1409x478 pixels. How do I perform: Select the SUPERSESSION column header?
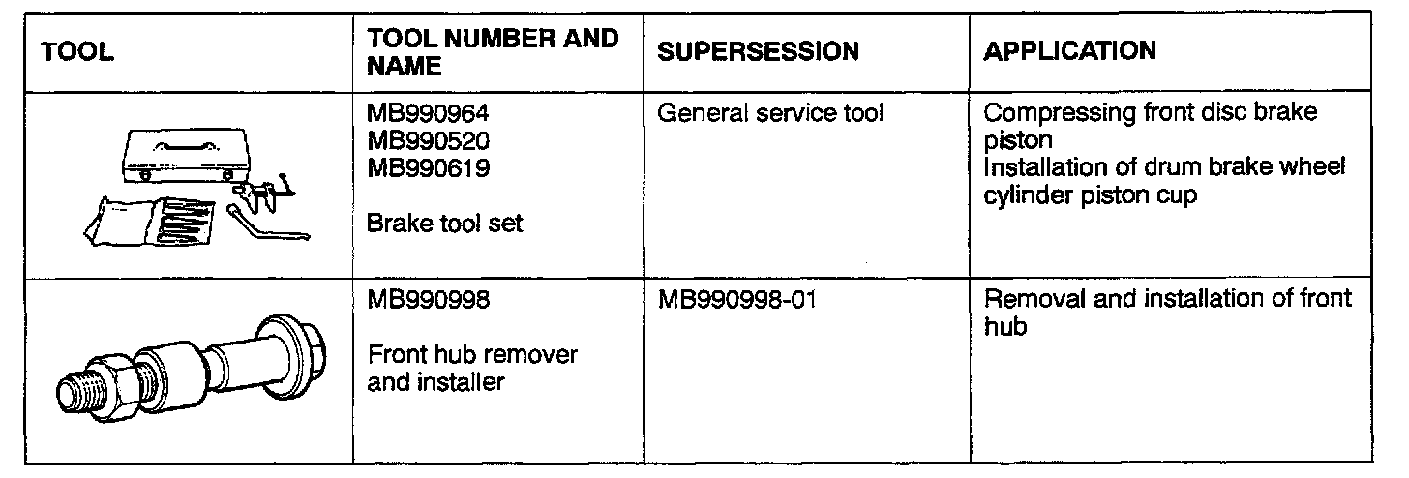click(x=757, y=52)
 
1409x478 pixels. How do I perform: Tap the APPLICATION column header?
click(x=1069, y=51)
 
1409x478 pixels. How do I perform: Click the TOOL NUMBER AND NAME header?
click(x=493, y=52)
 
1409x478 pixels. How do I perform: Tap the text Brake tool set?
click(x=445, y=224)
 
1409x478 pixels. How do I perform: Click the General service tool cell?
click(x=770, y=114)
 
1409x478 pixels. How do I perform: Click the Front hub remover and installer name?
click(x=472, y=368)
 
